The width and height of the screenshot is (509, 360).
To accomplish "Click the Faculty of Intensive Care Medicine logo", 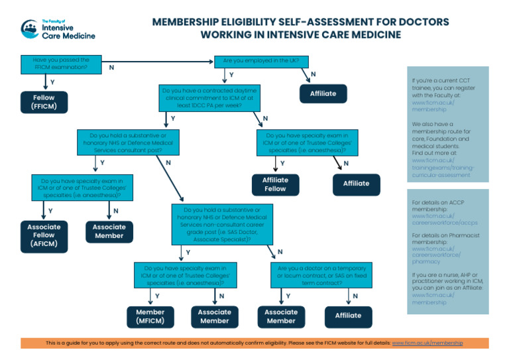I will [x=58, y=29].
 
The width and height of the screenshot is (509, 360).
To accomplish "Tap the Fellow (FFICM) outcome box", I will [x=44, y=102].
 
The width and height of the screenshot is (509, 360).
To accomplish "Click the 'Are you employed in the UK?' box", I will [x=260, y=61].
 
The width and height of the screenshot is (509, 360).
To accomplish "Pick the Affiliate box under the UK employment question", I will [x=323, y=93].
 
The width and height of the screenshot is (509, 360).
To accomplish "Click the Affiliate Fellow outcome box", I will [x=275, y=184].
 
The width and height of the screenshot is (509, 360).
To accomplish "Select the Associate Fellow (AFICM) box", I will [x=44, y=235].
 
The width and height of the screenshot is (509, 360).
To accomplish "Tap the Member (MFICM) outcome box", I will [x=150, y=316].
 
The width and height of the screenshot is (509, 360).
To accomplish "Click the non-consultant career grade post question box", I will [x=216, y=225].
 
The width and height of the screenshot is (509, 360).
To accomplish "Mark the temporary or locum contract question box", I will [x=317, y=274].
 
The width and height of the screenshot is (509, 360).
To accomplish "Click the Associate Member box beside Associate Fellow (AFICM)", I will [x=109, y=231].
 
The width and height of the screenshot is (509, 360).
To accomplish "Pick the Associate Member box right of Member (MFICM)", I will [x=214, y=316].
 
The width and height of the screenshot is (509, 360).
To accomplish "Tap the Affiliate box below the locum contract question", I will [x=348, y=316].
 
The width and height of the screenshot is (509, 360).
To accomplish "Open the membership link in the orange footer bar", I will [x=427, y=343].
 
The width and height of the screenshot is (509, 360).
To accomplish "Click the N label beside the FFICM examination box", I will [x=111, y=68].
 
